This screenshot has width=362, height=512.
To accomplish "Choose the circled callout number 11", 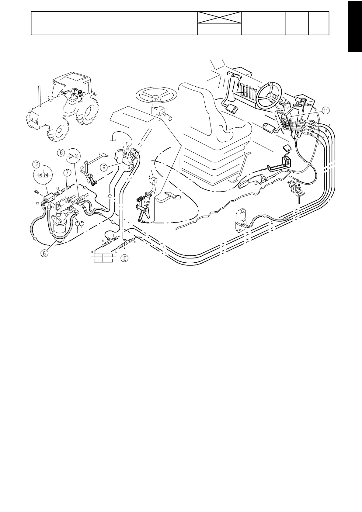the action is point(325,111).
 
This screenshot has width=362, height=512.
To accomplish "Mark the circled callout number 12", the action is point(36,164).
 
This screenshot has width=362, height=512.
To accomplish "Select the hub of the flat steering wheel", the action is point(155,97).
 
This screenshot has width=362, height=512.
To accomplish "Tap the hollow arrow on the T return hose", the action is point(264,216).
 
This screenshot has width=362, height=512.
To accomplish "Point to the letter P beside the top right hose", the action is point(330,125).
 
